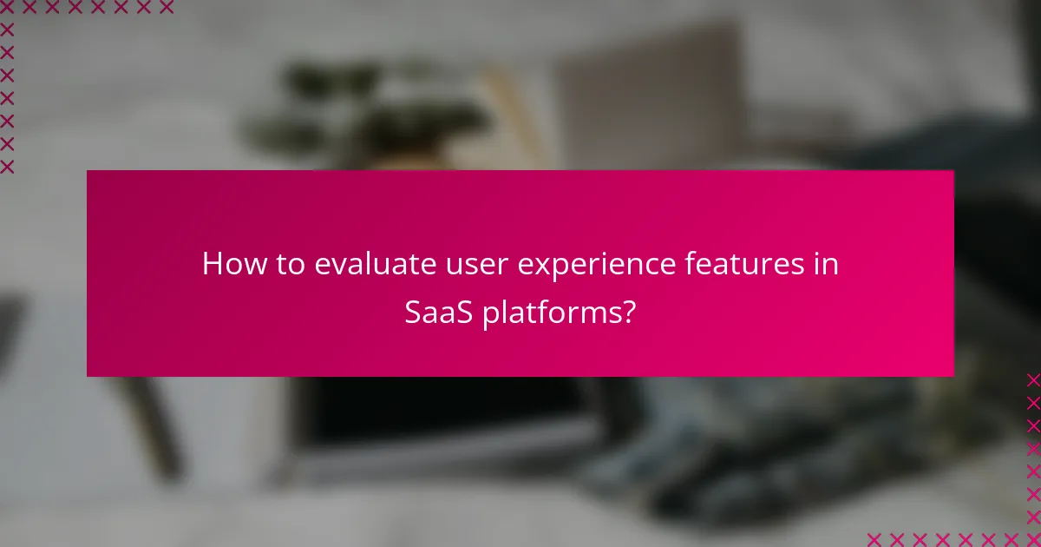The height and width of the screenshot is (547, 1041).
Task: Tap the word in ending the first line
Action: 828,265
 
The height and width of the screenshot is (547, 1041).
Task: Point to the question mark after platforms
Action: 629,313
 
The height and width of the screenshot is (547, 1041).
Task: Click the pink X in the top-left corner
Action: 7,8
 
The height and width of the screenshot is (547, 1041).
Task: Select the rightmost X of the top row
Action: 167,8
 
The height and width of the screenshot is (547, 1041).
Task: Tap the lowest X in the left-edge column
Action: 7,166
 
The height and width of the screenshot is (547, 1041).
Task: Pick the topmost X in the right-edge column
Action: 1033,379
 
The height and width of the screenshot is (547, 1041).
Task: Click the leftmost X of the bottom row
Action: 874,539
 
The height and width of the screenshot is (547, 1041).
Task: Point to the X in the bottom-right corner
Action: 1033,539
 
